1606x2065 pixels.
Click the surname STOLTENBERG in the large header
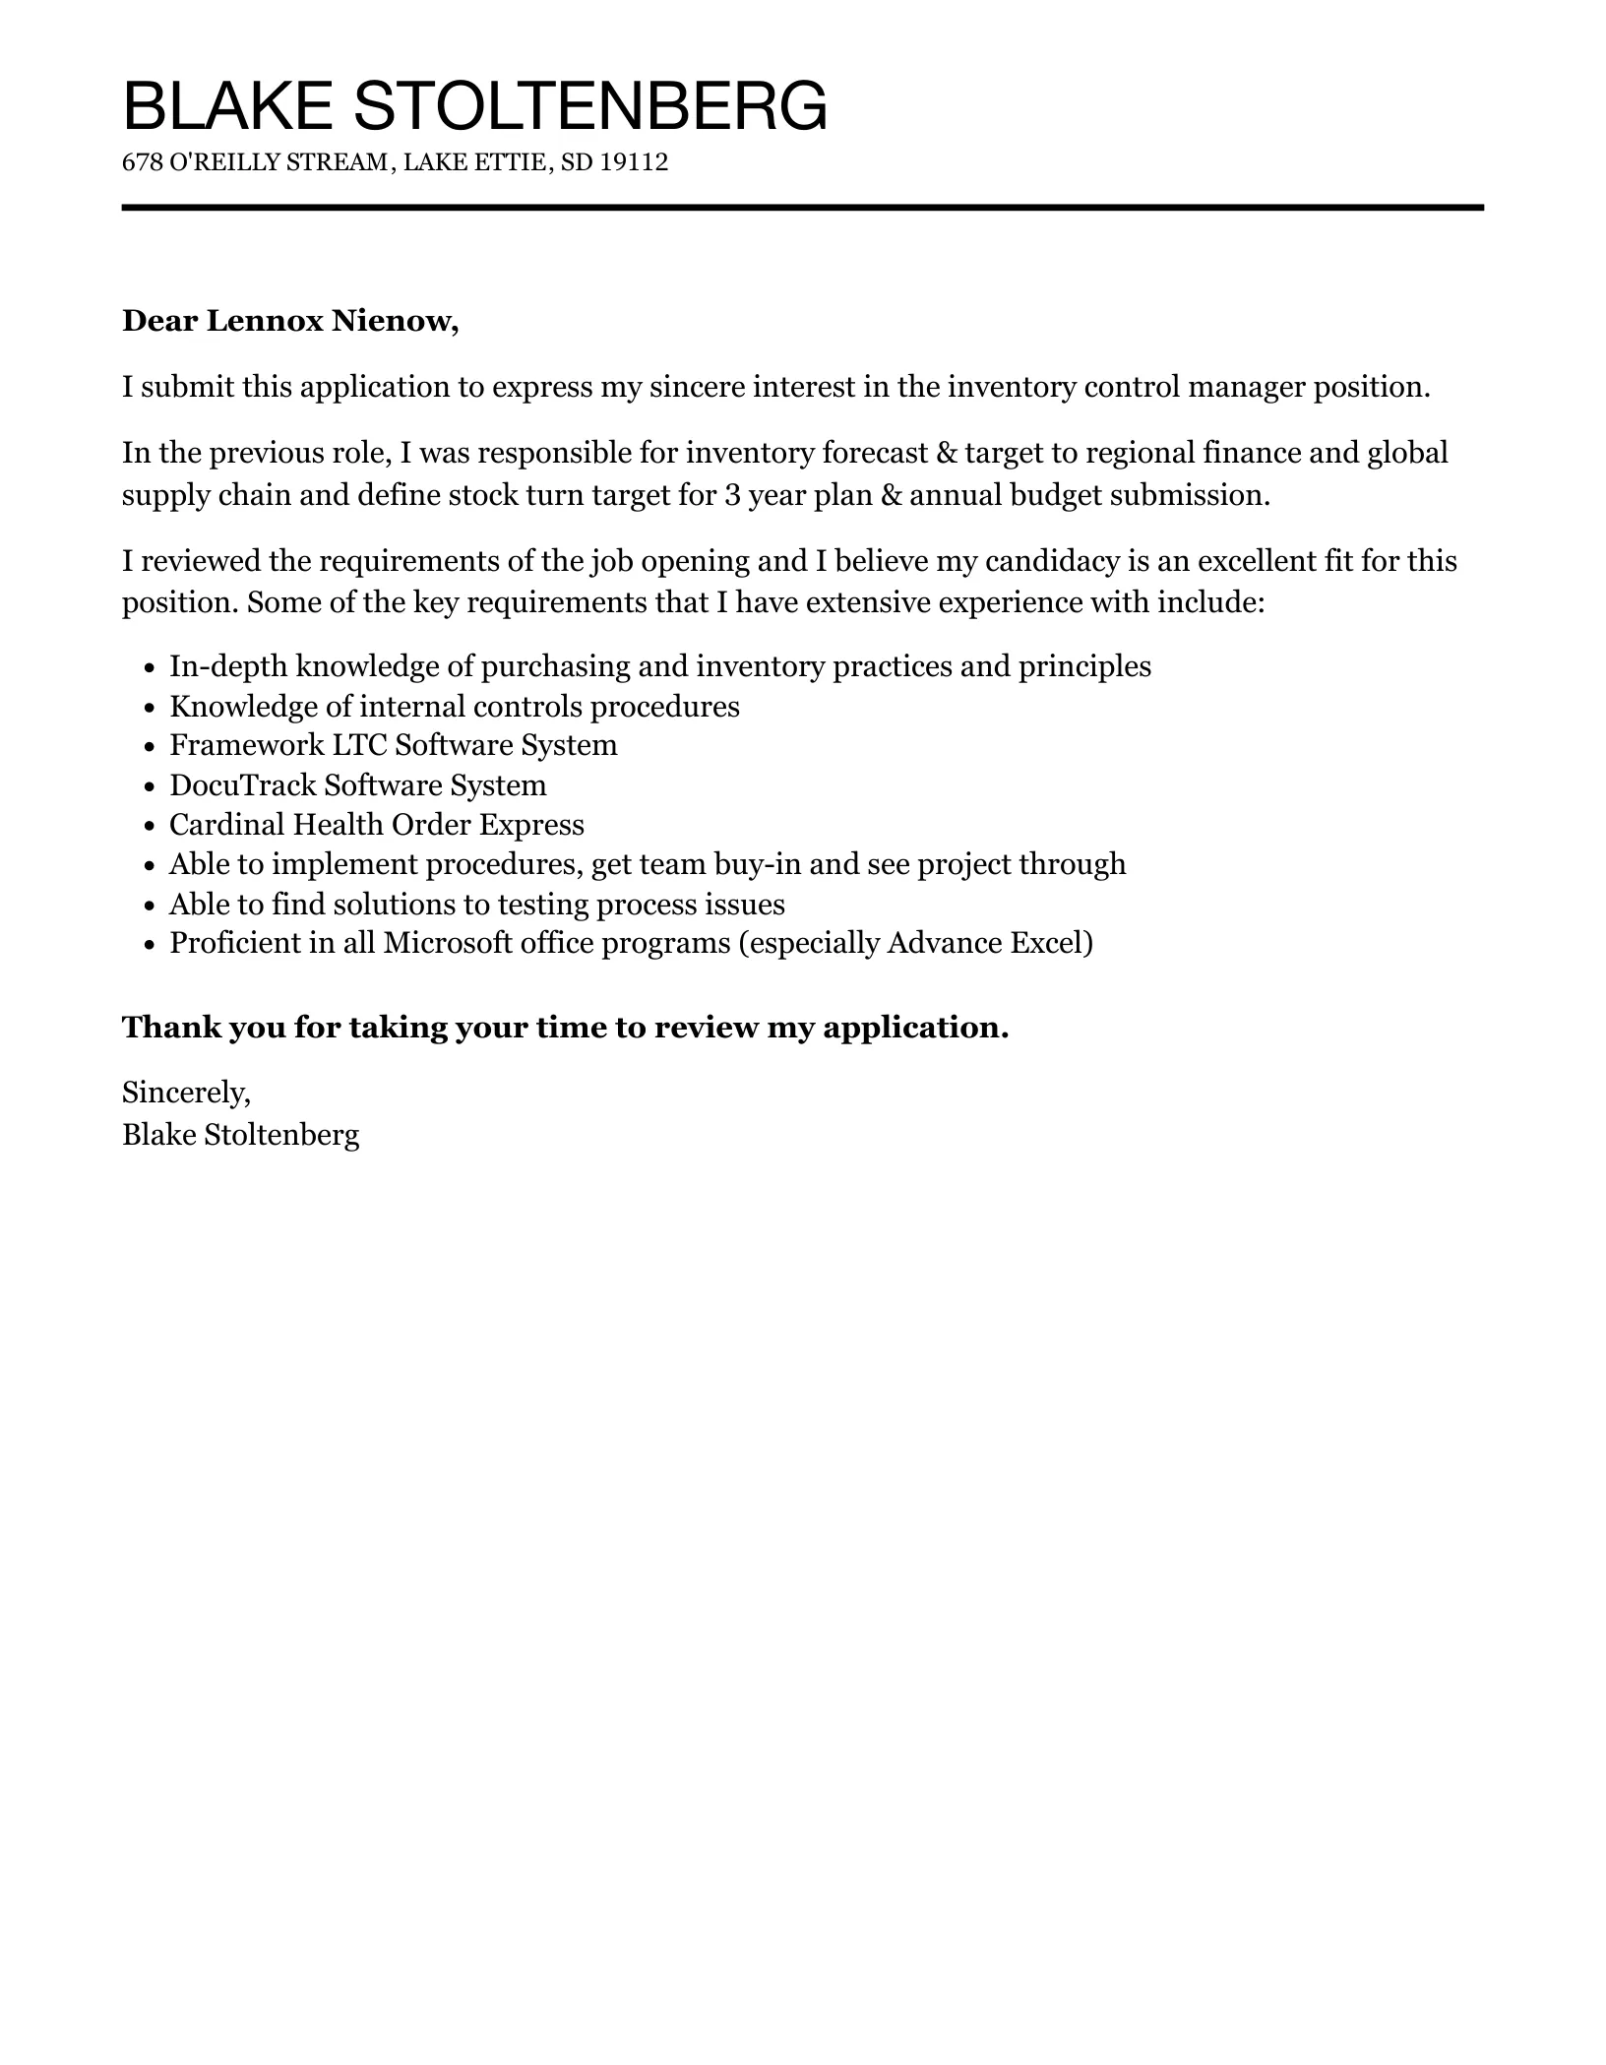coord(589,106)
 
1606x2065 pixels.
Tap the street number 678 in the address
coord(142,162)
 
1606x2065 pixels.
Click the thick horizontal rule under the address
coord(802,208)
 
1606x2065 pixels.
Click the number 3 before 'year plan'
coord(731,494)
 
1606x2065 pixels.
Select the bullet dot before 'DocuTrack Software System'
coord(150,786)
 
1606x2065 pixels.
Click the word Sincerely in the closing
coord(185,1092)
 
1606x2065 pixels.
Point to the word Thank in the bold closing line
coord(171,1028)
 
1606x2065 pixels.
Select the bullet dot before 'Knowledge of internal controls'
coord(150,708)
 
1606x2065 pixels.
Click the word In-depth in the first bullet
coord(228,666)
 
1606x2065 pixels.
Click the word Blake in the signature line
coord(158,1135)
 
